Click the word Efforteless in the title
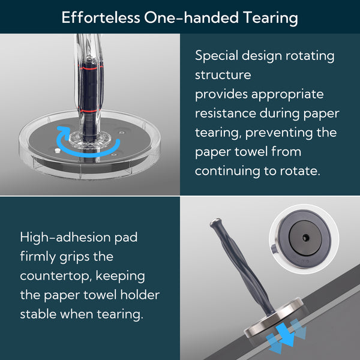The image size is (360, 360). point(100,17)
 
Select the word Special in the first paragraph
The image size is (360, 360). point(218,56)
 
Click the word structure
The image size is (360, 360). point(223,75)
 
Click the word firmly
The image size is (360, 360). point(40,256)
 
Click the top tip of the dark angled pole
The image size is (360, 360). point(214,223)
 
